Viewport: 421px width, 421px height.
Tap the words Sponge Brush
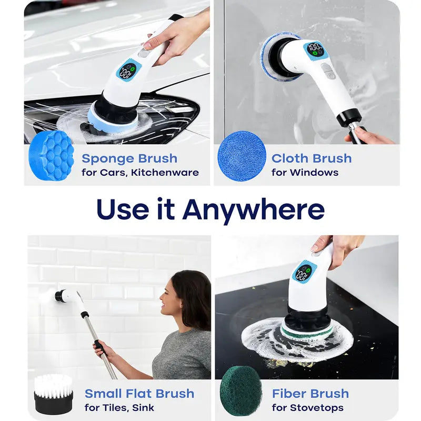(129, 159)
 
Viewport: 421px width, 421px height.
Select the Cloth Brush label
(312, 158)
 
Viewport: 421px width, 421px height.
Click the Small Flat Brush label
(139, 394)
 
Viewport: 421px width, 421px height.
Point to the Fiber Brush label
(310, 394)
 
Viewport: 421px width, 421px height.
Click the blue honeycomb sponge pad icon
(51, 156)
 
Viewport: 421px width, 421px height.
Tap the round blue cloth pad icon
(242, 156)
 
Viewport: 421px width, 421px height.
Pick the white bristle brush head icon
(54, 394)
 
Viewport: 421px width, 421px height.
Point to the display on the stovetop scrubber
(304, 272)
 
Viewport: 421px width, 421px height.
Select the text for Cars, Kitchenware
(140, 173)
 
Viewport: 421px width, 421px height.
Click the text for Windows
(305, 173)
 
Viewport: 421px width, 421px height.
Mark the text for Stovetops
(308, 408)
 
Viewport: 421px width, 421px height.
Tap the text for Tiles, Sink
(119, 407)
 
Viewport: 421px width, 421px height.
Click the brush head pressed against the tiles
(51, 296)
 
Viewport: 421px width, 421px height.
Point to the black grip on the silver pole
(100, 348)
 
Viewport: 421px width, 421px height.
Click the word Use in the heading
(123, 209)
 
